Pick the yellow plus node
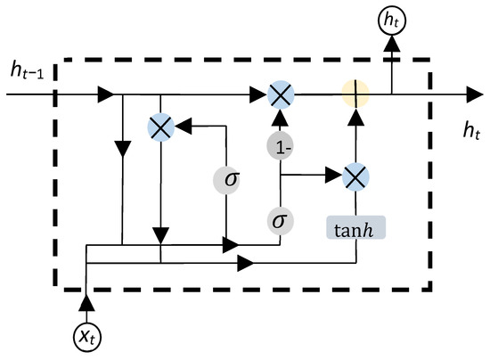(355, 93)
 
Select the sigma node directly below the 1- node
(282, 218)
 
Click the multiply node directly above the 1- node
(282, 93)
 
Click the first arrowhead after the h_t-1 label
(105, 93)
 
